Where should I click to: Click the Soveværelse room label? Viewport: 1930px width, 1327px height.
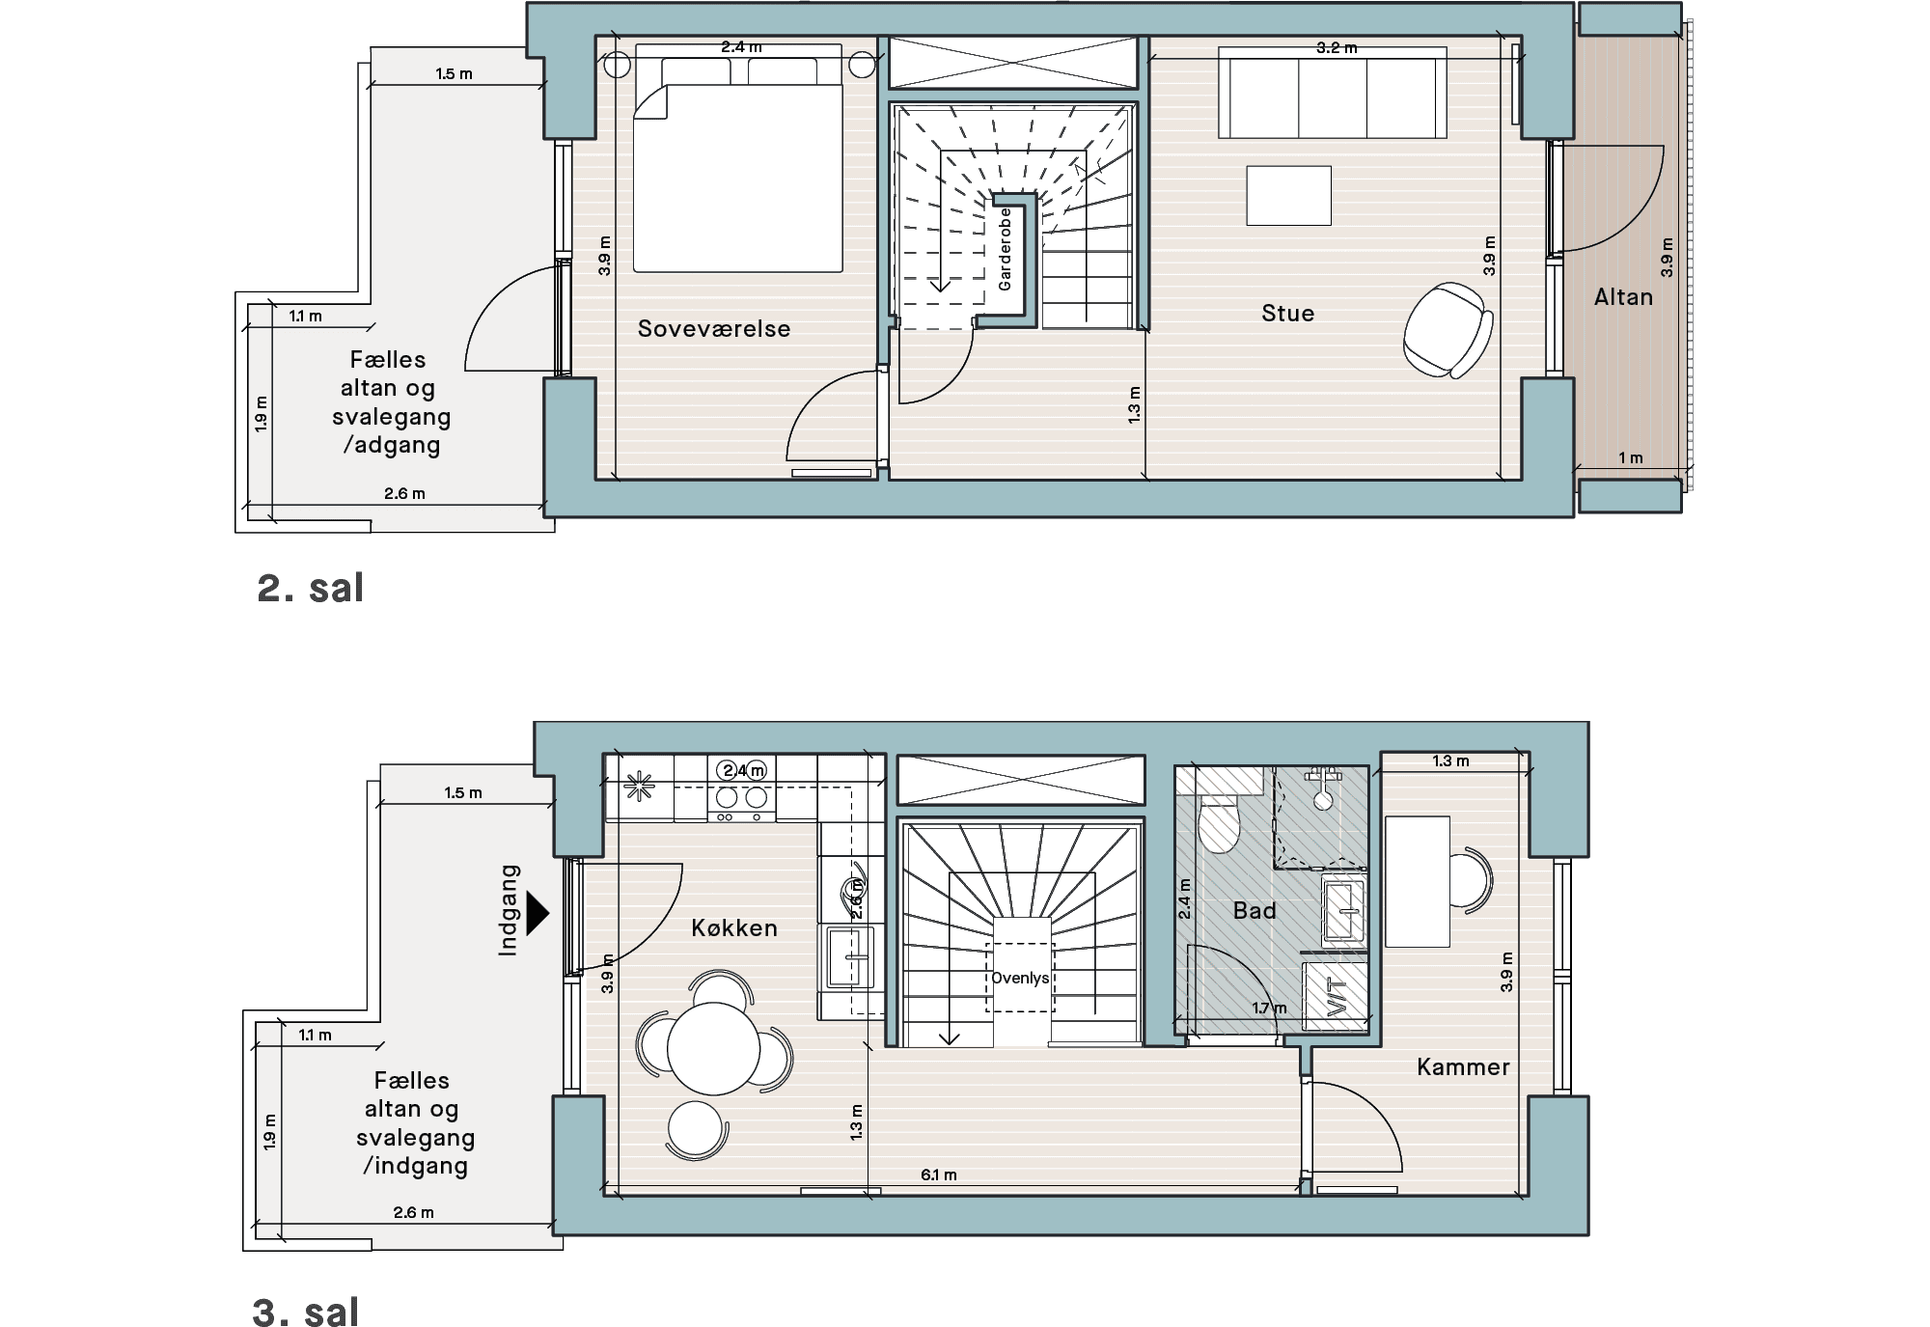tap(714, 329)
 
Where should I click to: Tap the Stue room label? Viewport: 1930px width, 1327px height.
tap(1288, 314)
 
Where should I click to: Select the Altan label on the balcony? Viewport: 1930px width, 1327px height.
tap(1624, 297)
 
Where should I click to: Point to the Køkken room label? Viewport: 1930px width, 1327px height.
tap(734, 928)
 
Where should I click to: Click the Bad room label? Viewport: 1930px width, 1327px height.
tap(1254, 910)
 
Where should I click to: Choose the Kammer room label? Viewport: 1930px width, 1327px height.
tap(1463, 1067)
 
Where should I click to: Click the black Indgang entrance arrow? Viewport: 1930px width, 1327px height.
tap(538, 912)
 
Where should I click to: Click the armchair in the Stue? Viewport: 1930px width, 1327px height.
tap(1447, 329)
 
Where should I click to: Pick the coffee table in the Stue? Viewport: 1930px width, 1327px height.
tap(1288, 196)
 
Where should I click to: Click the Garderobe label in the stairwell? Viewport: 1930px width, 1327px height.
tap(1005, 249)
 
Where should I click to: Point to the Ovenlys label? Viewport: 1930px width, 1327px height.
tap(1020, 978)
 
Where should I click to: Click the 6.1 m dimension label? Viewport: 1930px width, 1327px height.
tap(938, 1175)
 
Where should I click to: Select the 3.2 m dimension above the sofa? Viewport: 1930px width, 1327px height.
tap(1337, 47)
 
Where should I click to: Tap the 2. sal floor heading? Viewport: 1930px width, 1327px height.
tap(310, 588)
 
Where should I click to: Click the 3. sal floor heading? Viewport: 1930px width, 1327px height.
tap(306, 1313)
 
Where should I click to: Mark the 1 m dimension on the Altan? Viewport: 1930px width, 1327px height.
tap(1631, 457)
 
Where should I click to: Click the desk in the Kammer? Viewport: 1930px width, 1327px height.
tap(1418, 881)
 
